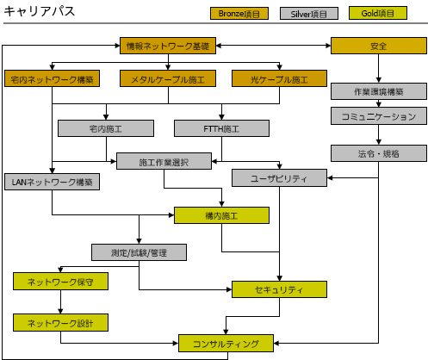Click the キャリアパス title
pyautogui.click(x=40, y=11)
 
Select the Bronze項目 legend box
pyautogui.click(x=239, y=14)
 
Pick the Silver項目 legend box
pyautogui.click(x=309, y=14)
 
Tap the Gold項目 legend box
pyautogui.click(x=378, y=13)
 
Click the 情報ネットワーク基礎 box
pyautogui.click(x=168, y=46)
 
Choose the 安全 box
pyautogui.click(x=379, y=46)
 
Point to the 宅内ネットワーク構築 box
pyautogui.click(x=52, y=78)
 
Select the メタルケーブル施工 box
pyautogui.click(x=168, y=78)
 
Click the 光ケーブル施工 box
pyautogui.click(x=279, y=78)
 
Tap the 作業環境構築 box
pyautogui.click(x=379, y=91)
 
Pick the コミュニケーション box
pyautogui.click(x=379, y=116)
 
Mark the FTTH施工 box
pyautogui.click(x=221, y=128)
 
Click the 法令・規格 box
pyautogui.click(x=379, y=153)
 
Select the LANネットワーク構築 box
pyautogui.click(x=52, y=182)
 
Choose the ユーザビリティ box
pyautogui.click(x=279, y=178)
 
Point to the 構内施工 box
pyautogui.click(x=221, y=215)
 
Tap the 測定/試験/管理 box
pyautogui.click(x=139, y=252)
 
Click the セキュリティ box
pyautogui.click(x=279, y=289)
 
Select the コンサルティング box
pyautogui.click(x=226, y=343)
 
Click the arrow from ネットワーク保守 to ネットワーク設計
pyautogui.click(x=60, y=301)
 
